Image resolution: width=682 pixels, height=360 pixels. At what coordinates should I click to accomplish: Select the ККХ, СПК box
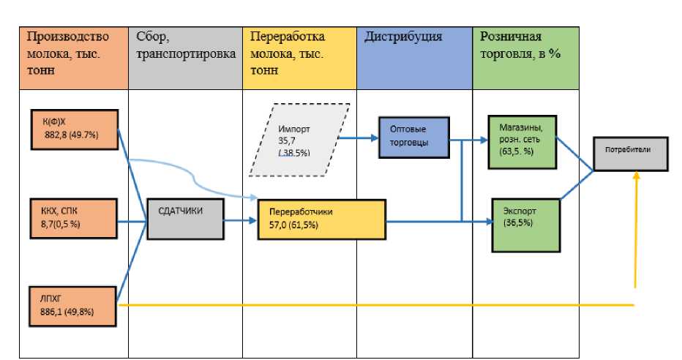74,217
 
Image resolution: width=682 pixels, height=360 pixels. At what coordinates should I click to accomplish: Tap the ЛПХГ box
73,306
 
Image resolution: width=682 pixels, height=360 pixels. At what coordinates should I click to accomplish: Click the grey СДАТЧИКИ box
183,217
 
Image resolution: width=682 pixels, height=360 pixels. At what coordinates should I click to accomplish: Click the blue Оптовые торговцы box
413,137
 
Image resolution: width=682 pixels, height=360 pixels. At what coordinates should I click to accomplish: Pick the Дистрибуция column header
415,58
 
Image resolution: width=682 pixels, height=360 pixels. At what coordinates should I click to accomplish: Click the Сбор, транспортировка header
186,58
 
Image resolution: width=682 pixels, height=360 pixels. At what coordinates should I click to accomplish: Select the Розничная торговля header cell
525,58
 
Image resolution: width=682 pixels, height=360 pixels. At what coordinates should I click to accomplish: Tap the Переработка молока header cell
300,58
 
